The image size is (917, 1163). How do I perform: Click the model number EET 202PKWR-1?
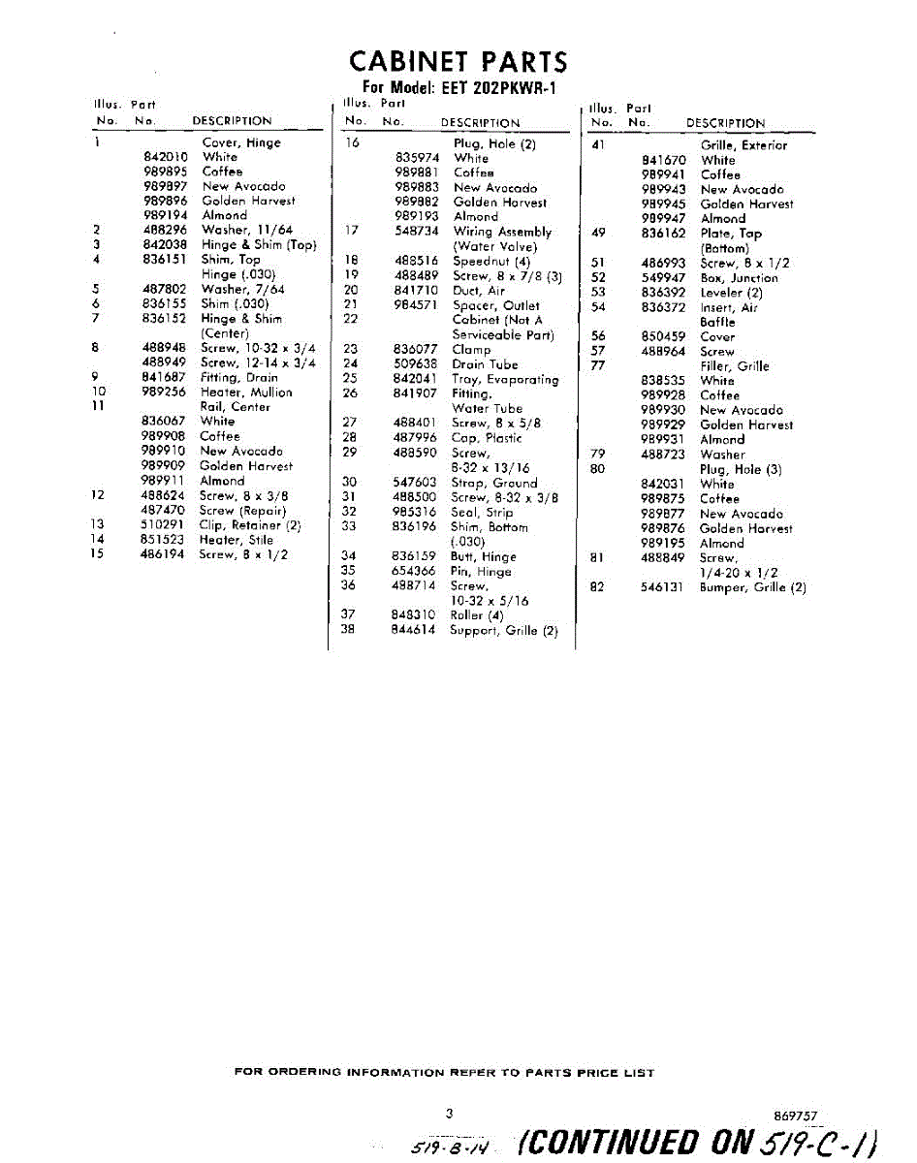(x=493, y=86)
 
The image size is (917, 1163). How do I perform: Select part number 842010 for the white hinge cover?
(x=165, y=157)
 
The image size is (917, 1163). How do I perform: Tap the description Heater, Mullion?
(x=245, y=393)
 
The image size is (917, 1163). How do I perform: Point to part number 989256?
(x=164, y=393)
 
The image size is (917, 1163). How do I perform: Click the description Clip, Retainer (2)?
(x=250, y=525)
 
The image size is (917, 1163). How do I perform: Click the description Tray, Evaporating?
(x=505, y=380)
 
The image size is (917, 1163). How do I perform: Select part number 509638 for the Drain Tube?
(x=417, y=364)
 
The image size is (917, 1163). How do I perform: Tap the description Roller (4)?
(x=477, y=615)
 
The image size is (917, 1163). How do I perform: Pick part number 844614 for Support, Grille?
(x=416, y=630)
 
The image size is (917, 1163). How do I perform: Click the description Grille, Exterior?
(x=743, y=145)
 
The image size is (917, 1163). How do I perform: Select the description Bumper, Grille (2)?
(x=751, y=587)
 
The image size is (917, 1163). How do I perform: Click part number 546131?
(x=663, y=587)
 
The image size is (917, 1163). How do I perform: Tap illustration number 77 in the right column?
(x=598, y=365)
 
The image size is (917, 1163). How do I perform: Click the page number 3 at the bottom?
(x=449, y=1115)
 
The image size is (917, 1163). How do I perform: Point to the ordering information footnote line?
(x=444, y=1073)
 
